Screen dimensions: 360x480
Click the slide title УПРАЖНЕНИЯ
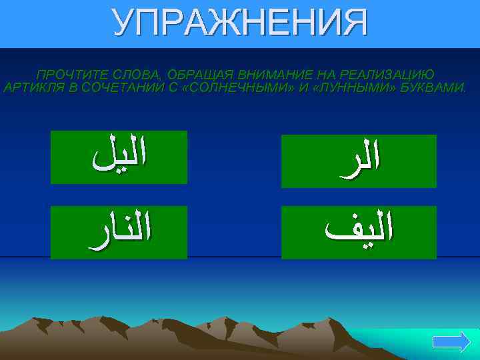240,23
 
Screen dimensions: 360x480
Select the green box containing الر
359,161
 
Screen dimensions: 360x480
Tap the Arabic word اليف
359,232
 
